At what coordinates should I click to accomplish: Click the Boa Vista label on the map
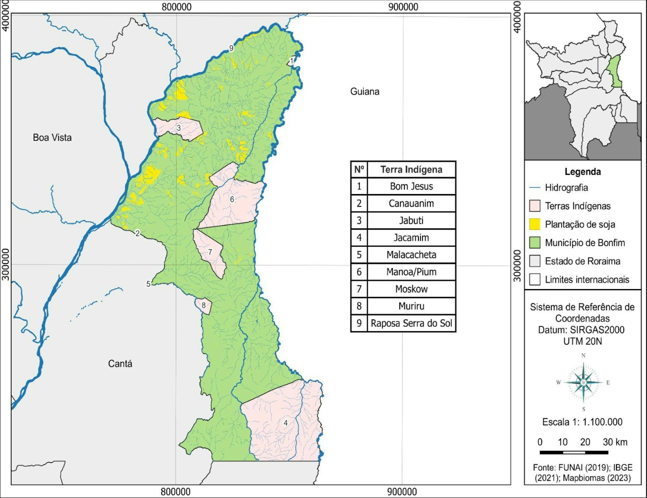(x=52, y=137)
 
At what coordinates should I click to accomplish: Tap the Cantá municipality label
(x=120, y=364)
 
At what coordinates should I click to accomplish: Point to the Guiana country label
(x=365, y=91)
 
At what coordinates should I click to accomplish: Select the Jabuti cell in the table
(x=411, y=221)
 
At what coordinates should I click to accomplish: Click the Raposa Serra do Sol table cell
(x=411, y=323)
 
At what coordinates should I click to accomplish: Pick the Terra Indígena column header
(x=411, y=169)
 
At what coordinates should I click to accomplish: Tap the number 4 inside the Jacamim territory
(x=285, y=423)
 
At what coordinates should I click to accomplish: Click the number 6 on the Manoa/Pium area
(x=232, y=199)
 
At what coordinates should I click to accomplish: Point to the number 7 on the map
(x=210, y=252)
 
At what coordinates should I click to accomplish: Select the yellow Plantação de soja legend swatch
(x=534, y=224)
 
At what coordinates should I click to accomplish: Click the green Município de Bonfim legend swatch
(x=534, y=243)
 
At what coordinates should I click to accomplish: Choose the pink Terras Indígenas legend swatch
(x=534, y=206)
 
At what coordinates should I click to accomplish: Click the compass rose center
(x=583, y=382)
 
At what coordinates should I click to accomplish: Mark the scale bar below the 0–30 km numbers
(x=574, y=452)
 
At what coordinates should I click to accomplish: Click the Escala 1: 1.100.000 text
(x=582, y=422)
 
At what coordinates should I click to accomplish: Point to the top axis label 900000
(x=403, y=7)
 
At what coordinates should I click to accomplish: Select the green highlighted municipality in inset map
(x=616, y=71)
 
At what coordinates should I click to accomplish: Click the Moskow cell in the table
(x=411, y=289)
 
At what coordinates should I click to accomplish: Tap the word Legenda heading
(x=583, y=172)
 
